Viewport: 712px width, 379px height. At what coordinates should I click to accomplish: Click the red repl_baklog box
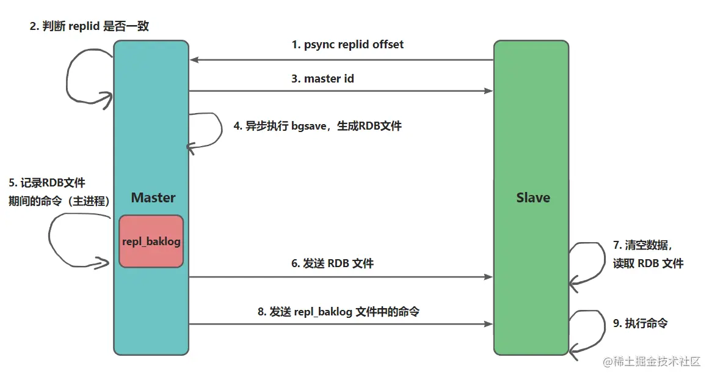point(151,241)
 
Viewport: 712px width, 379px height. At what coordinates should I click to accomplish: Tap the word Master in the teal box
point(153,197)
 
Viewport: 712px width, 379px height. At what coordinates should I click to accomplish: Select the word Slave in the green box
point(532,197)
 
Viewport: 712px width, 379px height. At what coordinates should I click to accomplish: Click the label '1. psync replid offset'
point(347,45)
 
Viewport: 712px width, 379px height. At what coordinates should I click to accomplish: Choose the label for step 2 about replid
point(89,27)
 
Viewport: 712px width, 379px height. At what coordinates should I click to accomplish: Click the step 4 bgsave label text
point(318,127)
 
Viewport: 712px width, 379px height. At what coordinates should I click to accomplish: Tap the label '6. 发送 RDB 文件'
point(332,263)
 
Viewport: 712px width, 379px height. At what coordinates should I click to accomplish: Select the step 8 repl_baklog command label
point(338,311)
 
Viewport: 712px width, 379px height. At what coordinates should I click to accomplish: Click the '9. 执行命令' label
point(640,323)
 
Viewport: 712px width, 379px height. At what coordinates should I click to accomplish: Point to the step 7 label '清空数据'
point(642,245)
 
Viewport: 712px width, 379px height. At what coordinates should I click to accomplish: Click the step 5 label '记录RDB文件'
point(47,182)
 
